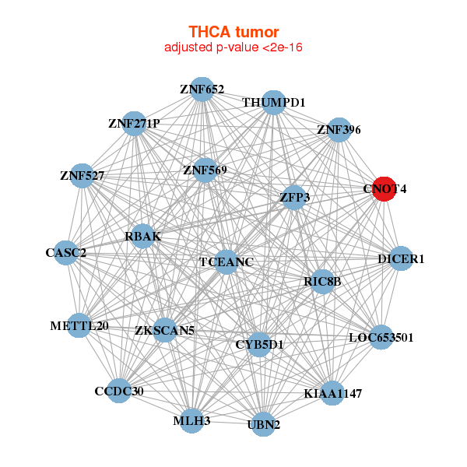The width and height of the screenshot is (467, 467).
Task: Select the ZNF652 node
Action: (x=202, y=90)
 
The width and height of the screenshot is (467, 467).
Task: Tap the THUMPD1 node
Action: (x=273, y=103)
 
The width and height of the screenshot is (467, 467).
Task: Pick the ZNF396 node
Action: (x=339, y=130)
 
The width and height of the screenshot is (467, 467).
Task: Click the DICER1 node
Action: (x=400, y=258)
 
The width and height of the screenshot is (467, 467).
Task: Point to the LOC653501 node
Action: (x=381, y=337)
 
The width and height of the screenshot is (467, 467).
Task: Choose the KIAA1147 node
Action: (x=332, y=393)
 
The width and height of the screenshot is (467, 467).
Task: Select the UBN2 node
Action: (x=264, y=424)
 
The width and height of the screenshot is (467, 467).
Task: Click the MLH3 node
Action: (x=191, y=421)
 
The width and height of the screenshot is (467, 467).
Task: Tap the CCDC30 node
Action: (x=119, y=391)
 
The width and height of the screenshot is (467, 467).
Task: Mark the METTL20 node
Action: (x=79, y=325)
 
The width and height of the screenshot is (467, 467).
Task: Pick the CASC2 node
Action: (x=66, y=252)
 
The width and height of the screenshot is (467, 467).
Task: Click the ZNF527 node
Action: (x=83, y=176)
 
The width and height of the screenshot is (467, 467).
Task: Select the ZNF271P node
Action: (x=134, y=124)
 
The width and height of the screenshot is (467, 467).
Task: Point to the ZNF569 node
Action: (x=205, y=170)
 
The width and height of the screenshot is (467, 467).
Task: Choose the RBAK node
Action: (x=143, y=236)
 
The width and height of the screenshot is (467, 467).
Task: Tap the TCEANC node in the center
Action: (x=226, y=262)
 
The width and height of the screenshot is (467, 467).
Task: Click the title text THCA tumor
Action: (x=233, y=32)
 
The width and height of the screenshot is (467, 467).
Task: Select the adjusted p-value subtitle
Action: (x=233, y=47)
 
